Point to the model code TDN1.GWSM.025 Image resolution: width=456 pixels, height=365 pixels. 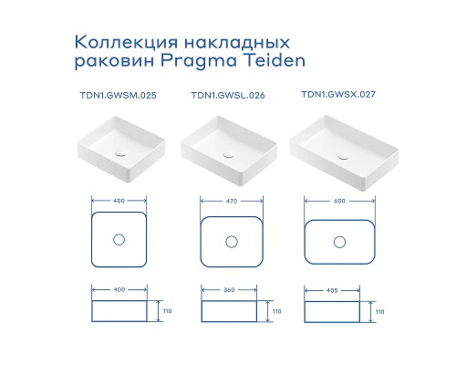(x=118, y=95)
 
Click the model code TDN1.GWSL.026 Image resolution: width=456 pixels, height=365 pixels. (x=228, y=95)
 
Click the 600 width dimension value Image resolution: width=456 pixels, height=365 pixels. (x=339, y=200)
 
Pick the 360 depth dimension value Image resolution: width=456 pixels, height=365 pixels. (x=230, y=292)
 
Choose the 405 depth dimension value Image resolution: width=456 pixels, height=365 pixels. (x=339, y=292)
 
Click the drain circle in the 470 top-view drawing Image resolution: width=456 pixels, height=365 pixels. (x=230, y=241)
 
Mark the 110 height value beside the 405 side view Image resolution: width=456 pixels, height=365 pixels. (x=378, y=311)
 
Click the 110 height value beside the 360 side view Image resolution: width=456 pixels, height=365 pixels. (x=275, y=311)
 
